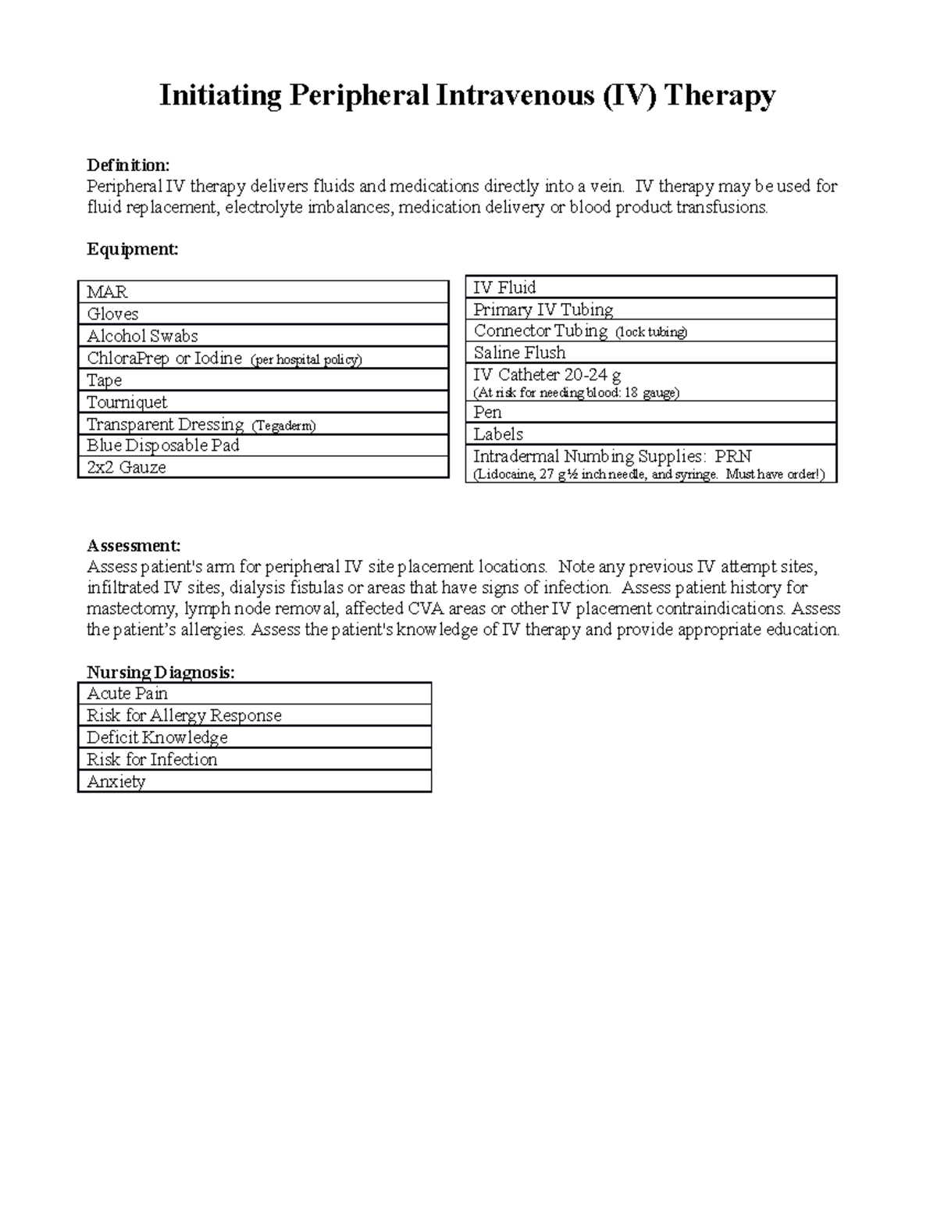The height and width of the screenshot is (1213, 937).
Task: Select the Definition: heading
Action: [x=127, y=165]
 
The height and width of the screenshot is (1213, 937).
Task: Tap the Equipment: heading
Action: [x=132, y=249]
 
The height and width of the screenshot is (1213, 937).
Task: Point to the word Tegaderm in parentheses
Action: [x=283, y=426]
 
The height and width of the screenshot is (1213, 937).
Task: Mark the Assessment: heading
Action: [x=134, y=545]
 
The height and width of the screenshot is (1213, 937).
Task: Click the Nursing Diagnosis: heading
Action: [x=160, y=673]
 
